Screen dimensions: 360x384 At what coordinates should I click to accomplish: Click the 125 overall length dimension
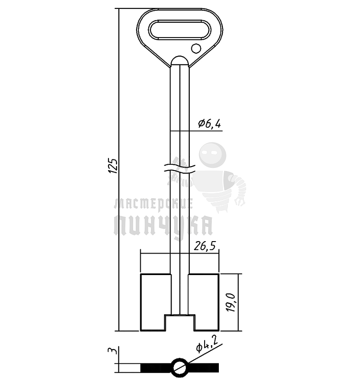click(x=113, y=166)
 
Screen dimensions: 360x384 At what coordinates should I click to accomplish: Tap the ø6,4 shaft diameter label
click(x=209, y=124)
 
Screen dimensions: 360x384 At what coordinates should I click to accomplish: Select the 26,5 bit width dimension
click(x=205, y=246)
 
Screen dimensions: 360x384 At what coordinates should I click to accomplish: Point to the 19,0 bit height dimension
click(x=231, y=302)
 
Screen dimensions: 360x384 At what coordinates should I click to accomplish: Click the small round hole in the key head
click(x=196, y=48)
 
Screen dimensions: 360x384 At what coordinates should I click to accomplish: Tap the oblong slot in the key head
click(x=179, y=29)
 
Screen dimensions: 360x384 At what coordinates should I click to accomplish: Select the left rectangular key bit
click(x=155, y=302)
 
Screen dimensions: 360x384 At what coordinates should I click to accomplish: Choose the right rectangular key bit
click(x=204, y=302)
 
